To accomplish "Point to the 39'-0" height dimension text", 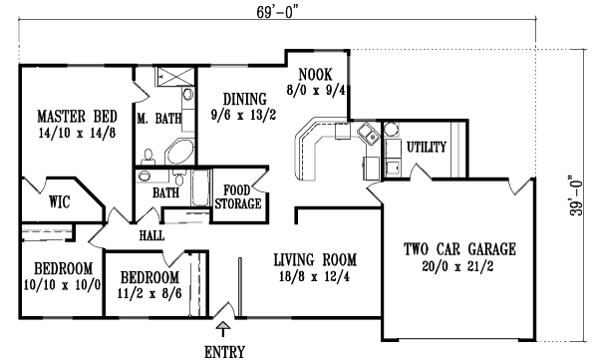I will (572, 197).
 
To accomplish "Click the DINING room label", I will (244, 99).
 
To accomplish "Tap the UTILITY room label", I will (427, 147).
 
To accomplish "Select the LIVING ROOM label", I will (315, 261).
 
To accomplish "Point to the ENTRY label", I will (224, 351).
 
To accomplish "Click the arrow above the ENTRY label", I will (224, 326).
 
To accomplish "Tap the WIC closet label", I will (58, 200).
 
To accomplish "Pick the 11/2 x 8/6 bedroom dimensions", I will (149, 294).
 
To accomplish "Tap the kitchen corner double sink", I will (366, 134).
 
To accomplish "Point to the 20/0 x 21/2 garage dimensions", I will (466, 266).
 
